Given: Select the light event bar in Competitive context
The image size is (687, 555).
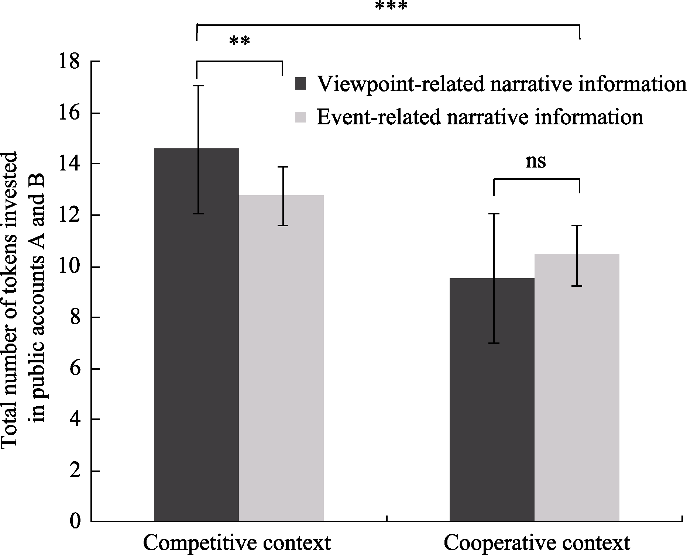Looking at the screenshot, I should pos(281,358).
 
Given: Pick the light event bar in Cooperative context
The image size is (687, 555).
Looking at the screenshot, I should pos(577,387).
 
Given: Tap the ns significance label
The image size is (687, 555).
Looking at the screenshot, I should pos(535,161).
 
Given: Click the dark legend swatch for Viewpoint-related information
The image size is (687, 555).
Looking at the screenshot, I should pos(301,84).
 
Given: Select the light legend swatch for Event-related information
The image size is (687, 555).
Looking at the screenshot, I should pos(301,117).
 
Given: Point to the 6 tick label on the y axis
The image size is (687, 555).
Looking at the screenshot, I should pos(75,369).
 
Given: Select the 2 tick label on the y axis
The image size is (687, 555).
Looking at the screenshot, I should pos(75,472).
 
